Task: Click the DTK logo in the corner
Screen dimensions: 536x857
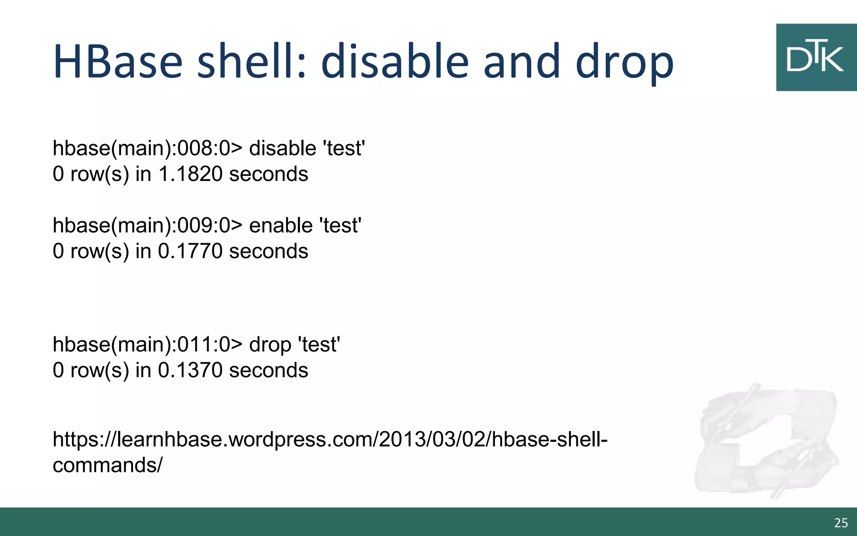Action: [816, 57]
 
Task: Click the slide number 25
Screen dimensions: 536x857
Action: [841, 523]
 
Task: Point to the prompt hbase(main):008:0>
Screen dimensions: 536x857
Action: [147, 149]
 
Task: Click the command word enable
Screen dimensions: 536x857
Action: [281, 226]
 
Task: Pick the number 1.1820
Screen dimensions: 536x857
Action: [190, 174]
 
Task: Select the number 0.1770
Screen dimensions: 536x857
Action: [190, 251]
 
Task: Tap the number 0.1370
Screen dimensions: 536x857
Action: [190, 370]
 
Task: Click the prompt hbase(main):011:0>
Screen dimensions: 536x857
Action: [147, 345]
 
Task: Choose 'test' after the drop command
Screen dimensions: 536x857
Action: [319, 345]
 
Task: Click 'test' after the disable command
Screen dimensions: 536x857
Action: [344, 149]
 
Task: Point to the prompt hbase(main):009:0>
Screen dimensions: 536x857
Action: [147, 226]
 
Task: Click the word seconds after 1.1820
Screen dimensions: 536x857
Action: [269, 174]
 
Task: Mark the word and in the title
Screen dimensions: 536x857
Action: [521, 62]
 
